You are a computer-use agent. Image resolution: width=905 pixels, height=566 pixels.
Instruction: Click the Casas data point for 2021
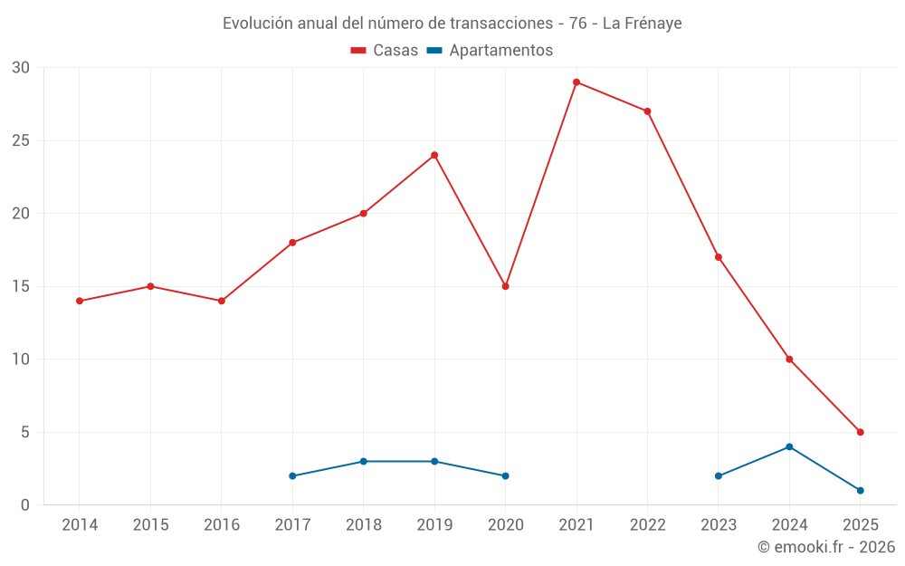(576, 82)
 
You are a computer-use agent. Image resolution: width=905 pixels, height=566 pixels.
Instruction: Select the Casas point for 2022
(647, 111)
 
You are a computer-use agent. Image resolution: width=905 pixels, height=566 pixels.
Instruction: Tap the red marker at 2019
(434, 155)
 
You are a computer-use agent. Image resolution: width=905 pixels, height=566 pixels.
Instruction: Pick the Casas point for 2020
(505, 286)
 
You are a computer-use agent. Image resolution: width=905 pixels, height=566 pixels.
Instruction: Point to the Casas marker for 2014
(80, 301)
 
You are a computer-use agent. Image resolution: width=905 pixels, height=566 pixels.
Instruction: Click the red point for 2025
(860, 432)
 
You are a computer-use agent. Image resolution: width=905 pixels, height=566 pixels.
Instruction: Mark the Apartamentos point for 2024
(789, 446)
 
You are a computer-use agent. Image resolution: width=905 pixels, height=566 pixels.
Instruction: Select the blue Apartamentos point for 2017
(292, 475)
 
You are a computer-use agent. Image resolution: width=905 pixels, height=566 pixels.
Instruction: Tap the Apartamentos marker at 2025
(860, 490)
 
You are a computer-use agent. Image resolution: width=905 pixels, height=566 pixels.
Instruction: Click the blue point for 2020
(505, 475)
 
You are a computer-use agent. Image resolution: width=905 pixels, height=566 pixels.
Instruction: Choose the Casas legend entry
(385, 51)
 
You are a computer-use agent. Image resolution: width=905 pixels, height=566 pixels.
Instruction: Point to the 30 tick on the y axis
(21, 68)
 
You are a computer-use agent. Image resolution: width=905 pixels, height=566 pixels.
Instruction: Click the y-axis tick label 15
(21, 286)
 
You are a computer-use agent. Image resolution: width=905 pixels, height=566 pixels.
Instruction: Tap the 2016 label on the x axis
(222, 525)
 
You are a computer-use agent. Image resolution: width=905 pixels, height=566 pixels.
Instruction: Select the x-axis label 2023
(719, 525)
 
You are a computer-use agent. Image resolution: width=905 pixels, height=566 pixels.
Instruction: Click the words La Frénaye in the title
(642, 24)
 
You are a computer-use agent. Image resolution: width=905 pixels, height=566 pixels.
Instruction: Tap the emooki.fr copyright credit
(825, 547)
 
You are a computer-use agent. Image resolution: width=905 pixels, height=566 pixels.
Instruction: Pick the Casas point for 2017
(292, 243)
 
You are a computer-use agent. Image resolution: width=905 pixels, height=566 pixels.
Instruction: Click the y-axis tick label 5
(25, 432)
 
